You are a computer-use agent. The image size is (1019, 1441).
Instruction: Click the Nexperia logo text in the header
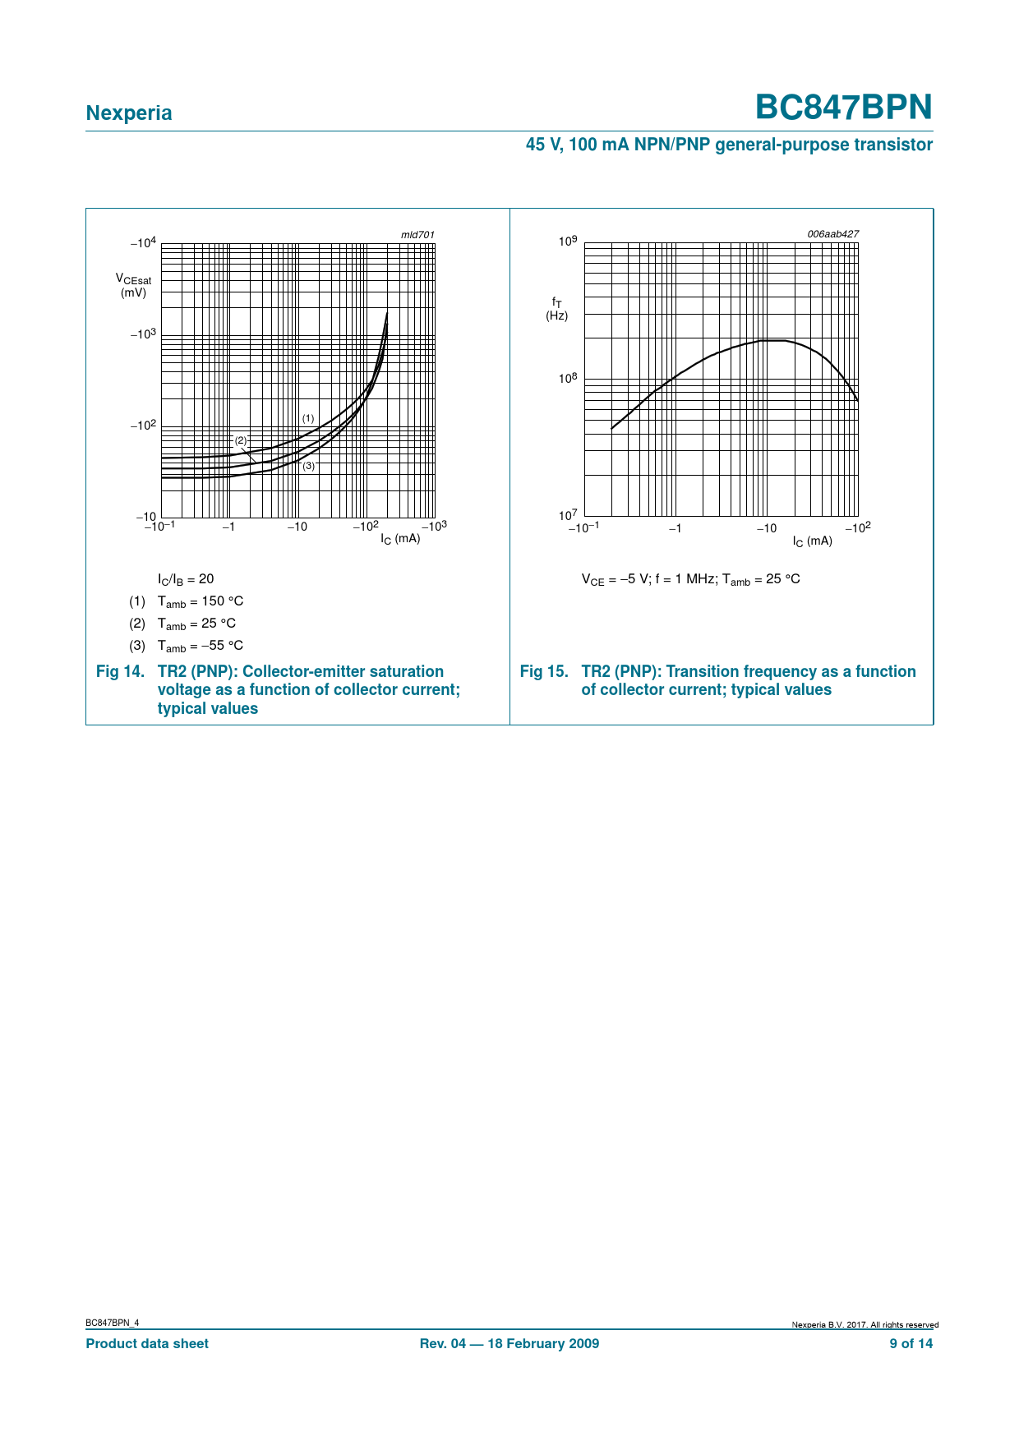[x=129, y=113]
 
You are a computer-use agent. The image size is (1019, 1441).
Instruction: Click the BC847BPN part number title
[x=843, y=108]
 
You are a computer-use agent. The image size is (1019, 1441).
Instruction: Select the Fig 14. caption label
[x=120, y=672]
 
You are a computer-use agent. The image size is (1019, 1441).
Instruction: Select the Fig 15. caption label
[x=544, y=672]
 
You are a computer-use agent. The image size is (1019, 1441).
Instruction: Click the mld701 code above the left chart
[x=417, y=235]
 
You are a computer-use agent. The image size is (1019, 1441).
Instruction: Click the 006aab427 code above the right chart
[x=832, y=234]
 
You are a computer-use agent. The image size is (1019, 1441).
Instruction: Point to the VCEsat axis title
[x=133, y=285]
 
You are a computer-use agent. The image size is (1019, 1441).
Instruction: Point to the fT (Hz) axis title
[x=557, y=309]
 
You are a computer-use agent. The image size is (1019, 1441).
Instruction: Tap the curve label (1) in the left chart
[x=308, y=419]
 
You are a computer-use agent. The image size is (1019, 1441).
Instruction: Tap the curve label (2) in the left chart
[x=241, y=441]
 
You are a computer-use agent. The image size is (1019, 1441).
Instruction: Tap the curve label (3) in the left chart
[x=308, y=466]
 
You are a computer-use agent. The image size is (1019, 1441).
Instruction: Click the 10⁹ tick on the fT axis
[x=568, y=242]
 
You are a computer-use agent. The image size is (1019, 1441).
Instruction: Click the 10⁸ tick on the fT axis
[x=568, y=379]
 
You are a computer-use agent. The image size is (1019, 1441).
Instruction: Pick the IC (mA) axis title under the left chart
[x=400, y=539]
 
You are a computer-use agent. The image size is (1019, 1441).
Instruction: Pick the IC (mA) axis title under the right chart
[x=812, y=541]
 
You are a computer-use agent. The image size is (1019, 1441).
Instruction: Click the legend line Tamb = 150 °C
[x=200, y=601]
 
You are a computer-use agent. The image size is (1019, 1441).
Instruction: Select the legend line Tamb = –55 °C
[x=200, y=646]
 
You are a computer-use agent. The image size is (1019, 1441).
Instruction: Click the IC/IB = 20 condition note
[x=186, y=579]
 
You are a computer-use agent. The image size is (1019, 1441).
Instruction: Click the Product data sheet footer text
[x=147, y=1344]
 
